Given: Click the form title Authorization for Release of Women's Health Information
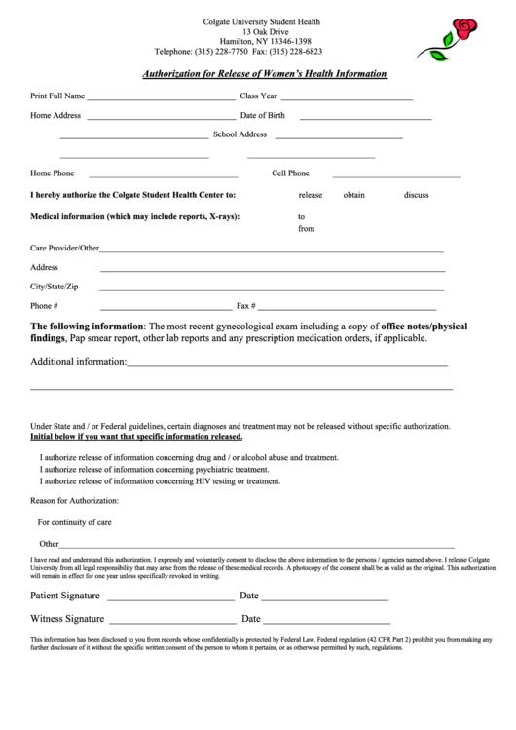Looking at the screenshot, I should (x=265, y=73).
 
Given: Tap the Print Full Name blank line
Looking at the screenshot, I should (x=161, y=99).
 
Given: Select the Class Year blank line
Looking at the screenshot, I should (x=347, y=99).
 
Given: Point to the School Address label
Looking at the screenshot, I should (x=240, y=134).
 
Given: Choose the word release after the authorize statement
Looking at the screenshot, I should (x=310, y=195).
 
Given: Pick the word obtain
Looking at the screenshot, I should (x=354, y=195).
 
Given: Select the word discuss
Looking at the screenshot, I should (x=417, y=195).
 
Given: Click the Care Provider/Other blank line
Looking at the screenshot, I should (x=273, y=250).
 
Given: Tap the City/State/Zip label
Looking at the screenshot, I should (x=55, y=287).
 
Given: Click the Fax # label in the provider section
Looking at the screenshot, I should (x=246, y=306).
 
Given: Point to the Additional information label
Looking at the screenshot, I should (x=78, y=362).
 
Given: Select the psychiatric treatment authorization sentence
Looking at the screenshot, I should (x=154, y=469).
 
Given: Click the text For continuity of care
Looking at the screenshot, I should (x=74, y=522).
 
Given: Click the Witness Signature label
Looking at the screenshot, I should (x=67, y=619).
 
